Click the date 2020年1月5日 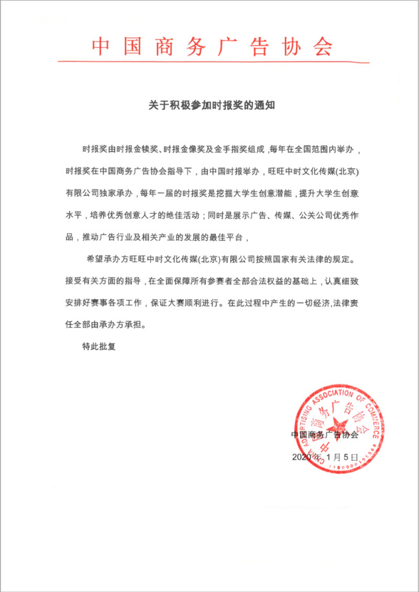click(x=325, y=457)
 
